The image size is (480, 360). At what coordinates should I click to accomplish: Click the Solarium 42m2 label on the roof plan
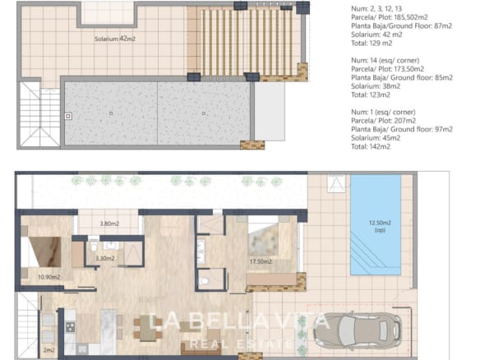[x=115, y=39]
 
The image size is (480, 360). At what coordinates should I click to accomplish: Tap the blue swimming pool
[x=376, y=224]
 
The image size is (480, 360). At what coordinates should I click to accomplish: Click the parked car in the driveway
[x=358, y=331]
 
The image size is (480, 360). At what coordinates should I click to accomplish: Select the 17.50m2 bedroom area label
[x=261, y=261]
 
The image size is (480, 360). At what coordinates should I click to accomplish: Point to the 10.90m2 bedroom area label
[x=48, y=277]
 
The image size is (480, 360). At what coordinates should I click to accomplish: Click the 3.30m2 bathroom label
[x=105, y=258]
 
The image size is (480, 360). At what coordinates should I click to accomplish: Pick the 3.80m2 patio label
[x=109, y=224]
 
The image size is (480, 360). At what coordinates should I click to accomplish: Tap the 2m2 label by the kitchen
[x=49, y=350]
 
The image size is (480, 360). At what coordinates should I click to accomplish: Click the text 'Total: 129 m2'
[x=372, y=44]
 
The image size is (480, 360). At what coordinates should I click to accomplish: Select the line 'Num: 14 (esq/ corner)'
[x=385, y=60]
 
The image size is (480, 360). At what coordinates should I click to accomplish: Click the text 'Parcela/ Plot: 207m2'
[x=383, y=121]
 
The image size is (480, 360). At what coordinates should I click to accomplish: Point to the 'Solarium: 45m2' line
[x=376, y=138]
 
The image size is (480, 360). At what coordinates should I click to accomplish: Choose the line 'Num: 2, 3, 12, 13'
[x=376, y=9]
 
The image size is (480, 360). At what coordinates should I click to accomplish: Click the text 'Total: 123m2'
[x=371, y=95]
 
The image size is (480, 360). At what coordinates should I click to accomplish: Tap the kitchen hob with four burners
[x=70, y=327]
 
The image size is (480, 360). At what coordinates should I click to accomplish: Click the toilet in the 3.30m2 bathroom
[x=94, y=246]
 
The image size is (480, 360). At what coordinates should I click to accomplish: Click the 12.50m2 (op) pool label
[x=380, y=226]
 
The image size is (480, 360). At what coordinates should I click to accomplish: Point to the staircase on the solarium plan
[x=39, y=117]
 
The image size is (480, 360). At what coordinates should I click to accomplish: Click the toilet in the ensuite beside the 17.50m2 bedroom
[x=204, y=280]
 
